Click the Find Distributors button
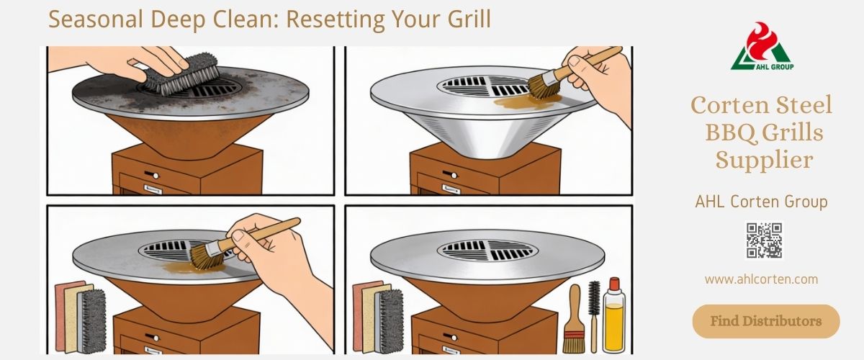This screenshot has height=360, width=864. [765, 321]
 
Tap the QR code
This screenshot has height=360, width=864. [764, 240]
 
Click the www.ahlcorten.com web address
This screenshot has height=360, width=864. [761, 279]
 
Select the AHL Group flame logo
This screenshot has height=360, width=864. [762, 46]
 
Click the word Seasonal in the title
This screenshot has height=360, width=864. [96, 19]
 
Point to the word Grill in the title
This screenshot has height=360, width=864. [469, 19]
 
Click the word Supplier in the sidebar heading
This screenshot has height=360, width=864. [764, 160]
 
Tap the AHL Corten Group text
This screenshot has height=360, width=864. [762, 202]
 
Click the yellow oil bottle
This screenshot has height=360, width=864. [614, 315]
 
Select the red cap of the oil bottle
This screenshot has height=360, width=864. [614, 284]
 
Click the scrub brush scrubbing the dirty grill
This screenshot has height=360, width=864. [181, 74]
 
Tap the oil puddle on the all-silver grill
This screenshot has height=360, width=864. [526, 101]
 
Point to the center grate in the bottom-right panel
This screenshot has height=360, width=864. [487, 250]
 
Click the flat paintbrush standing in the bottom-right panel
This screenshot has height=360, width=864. [574, 319]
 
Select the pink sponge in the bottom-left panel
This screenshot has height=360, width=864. [63, 315]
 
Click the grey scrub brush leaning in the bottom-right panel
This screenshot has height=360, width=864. [390, 321]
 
